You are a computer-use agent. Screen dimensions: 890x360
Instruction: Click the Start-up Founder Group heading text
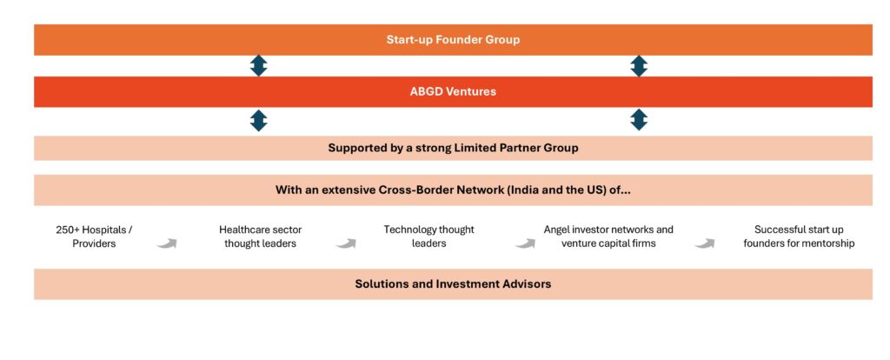453,40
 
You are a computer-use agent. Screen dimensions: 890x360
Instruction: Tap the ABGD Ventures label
453,91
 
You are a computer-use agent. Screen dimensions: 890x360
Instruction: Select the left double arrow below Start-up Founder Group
259,66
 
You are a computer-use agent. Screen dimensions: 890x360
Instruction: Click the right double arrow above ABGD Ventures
639,66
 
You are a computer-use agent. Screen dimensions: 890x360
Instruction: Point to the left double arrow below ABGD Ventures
259,120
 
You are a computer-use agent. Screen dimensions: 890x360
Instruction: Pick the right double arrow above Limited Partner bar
639,120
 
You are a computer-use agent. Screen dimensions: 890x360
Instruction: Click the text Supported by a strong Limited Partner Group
453,148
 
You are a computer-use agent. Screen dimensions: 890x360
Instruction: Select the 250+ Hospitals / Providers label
94,237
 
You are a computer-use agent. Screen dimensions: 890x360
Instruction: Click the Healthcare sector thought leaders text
261,237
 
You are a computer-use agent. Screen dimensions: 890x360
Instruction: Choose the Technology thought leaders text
428,237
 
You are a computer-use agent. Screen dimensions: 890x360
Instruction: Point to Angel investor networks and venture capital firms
608,237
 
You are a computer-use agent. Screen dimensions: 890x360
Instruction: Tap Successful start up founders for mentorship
800,237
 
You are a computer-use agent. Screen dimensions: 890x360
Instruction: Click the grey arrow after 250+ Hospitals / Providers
167,243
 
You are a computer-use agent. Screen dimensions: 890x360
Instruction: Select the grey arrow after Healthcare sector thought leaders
346,243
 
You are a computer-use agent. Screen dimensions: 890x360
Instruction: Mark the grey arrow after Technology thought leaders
525,243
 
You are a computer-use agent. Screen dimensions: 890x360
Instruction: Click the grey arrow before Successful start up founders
704,243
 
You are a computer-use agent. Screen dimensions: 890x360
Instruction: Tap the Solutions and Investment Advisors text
453,283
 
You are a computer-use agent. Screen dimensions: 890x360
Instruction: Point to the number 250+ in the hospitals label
68,230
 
